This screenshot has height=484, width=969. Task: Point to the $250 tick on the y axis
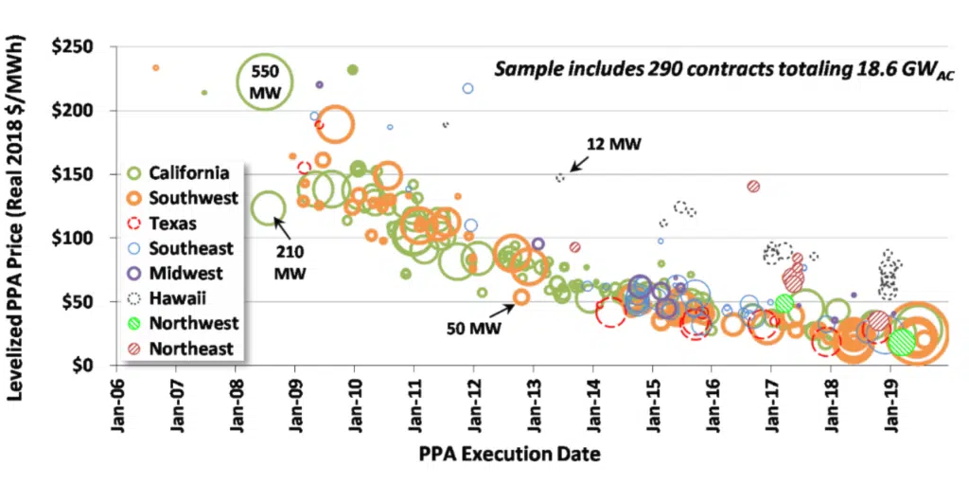[x=80, y=46]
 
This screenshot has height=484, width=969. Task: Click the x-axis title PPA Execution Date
[x=509, y=455]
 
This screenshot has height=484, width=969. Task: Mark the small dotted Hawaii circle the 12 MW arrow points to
[x=560, y=177]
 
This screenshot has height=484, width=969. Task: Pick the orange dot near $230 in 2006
[x=155, y=68]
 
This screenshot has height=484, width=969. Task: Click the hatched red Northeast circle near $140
[x=753, y=187]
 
